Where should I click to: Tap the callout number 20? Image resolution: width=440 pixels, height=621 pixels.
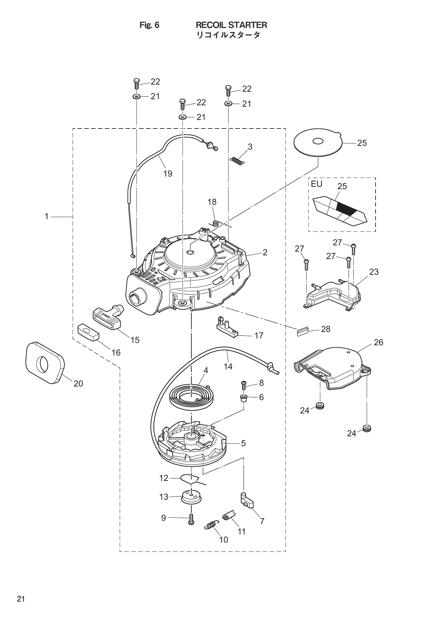point(78,383)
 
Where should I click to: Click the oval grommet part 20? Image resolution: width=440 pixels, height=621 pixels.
point(44,363)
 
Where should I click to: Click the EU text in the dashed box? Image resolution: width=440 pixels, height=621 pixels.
point(316,184)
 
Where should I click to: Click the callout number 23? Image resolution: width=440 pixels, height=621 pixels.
point(374,272)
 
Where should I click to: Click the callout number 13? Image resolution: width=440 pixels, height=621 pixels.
point(164,497)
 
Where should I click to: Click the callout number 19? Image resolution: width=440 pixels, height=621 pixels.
point(167,173)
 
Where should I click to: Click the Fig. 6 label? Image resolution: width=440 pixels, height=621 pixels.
point(149,25)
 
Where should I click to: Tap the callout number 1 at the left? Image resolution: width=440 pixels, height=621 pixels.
point(47,216)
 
